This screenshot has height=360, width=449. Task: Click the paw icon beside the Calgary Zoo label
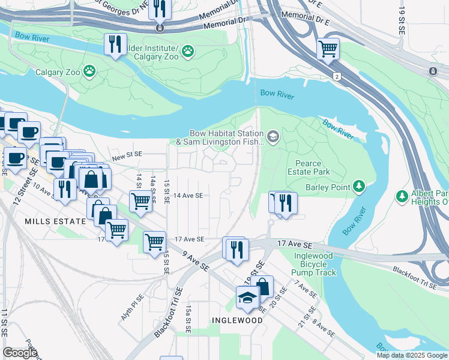(x=89, y=71)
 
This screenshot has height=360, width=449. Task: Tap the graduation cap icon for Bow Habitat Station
(x=273, y=137)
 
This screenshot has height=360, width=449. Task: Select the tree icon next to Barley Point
(x=359, y=186)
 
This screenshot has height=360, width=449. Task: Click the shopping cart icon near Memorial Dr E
(x=328, y=49)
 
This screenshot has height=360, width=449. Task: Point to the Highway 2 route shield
(x=338, y=76)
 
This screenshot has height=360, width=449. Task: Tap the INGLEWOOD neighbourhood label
(x=237, y=320)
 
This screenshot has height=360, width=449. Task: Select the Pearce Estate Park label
(x=313, y=167)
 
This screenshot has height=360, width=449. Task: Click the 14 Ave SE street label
(x=188, y=196)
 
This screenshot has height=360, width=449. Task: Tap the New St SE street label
(x=127, y=155)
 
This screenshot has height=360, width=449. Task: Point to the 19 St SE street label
(x=403, y=21)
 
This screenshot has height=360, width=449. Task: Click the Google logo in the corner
(x=20, y=352)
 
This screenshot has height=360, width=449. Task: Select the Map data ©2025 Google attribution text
(x=412, y=355)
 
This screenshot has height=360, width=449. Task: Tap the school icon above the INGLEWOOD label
(x=247, y=298)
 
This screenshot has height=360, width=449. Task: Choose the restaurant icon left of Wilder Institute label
(x=114, y=44)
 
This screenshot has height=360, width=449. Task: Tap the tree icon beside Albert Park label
(x=402, y=196)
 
